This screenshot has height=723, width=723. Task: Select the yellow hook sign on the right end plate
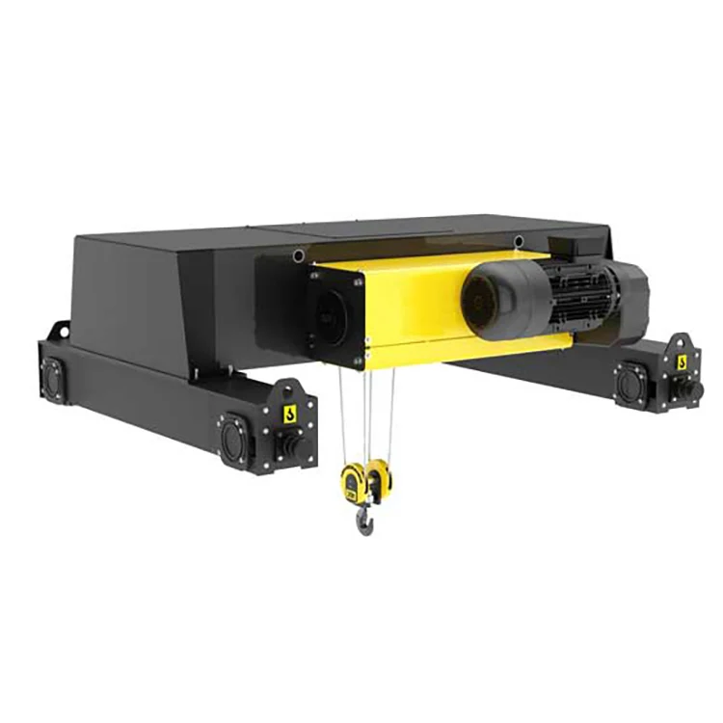click(x=683, y=362)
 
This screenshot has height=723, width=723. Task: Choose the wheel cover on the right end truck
click(x=632, y=386)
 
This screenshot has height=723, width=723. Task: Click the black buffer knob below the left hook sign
click(x=285, y=445)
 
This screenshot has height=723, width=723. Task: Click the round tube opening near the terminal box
click(x=519, y=240)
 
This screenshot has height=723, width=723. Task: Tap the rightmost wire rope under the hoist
click(x=391, y=415)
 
